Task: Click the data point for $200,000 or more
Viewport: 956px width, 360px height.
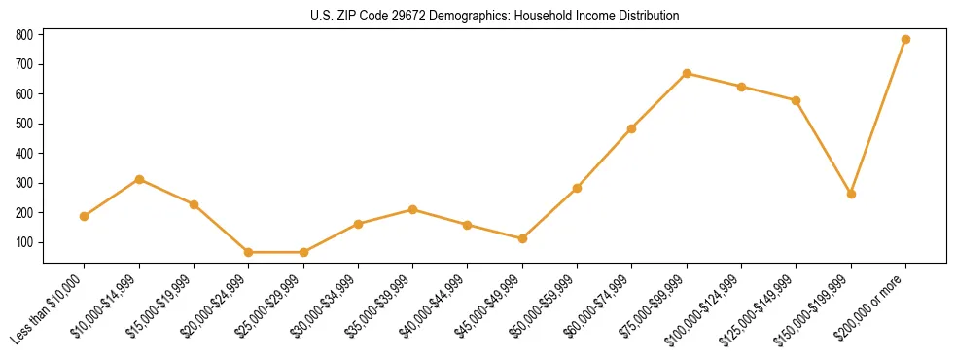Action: pos(905,39)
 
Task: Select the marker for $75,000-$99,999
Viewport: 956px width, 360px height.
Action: pos(687,73)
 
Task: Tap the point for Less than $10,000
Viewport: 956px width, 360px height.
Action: pos(85,216)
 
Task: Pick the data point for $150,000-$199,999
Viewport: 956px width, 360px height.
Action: pos(851,194)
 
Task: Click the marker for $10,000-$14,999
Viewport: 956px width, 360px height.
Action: pos(139,179)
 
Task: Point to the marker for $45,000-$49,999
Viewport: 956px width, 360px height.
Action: pos(522,238)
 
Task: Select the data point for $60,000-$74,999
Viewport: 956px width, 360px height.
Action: pos(632,128)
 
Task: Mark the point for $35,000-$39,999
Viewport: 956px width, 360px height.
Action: pos(413,209)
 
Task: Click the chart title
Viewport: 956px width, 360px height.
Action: pos(478,17)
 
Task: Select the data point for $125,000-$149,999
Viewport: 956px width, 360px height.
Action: pos(797,100)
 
